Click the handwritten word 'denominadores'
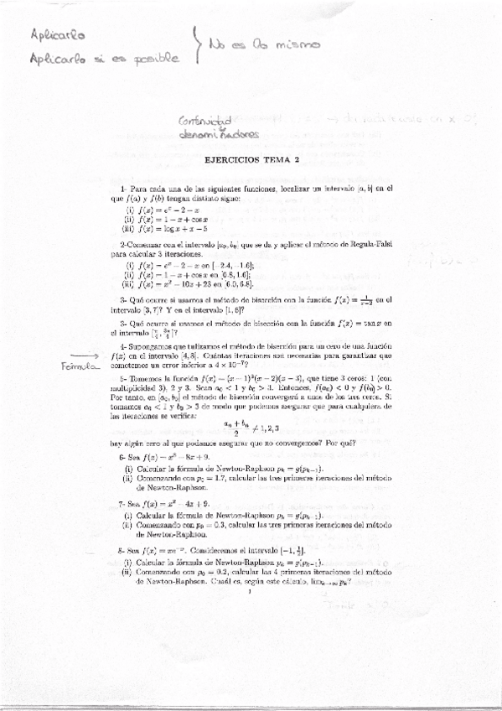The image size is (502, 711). (x=220, y=134)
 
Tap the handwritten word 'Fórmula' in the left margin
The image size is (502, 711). (x=75, y=368)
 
